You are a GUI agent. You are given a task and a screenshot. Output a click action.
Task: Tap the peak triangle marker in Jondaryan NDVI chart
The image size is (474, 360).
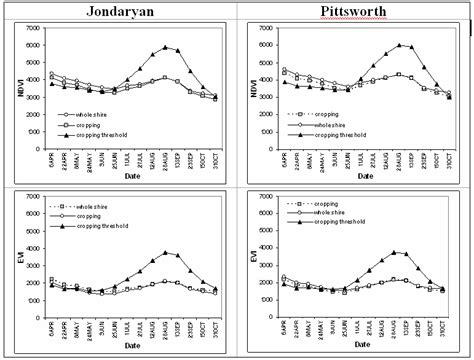click(x=166, y=47)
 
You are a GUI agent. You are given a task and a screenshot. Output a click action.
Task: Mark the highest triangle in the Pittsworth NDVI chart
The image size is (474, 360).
click(x=399, y=45)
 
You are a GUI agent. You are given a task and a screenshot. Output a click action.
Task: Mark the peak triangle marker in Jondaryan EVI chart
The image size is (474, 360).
click(x=166, y=253)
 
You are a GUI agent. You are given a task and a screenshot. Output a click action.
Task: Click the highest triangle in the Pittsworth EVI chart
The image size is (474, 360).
click(x=397, y=252)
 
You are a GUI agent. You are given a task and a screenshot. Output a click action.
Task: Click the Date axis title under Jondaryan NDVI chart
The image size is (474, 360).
click(x=130, y=178)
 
